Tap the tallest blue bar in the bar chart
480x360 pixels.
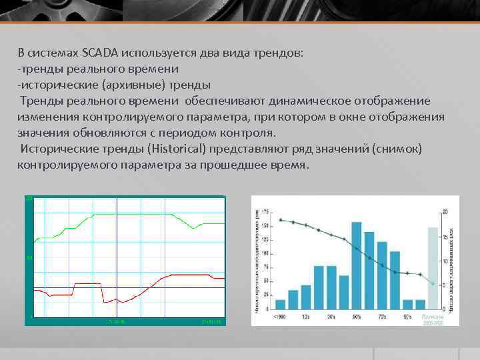[357, 265]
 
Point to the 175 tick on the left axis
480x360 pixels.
[265, 212]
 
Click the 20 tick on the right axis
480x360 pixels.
[445, 212]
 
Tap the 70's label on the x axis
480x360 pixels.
[382, 317]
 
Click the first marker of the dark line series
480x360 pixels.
[281, 219]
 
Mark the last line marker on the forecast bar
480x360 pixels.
[433, 284]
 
